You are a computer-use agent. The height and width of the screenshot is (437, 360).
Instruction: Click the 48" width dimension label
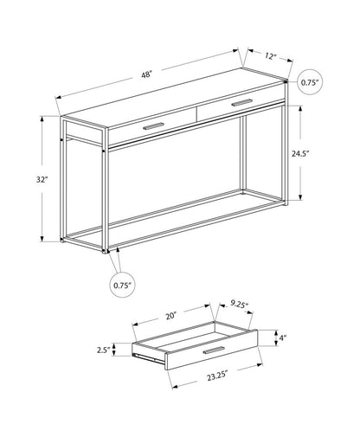[x=147, y=74]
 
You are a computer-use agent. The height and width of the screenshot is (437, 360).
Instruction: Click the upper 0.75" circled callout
[x=310, y=82]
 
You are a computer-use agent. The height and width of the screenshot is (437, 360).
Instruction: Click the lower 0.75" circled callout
[x=121, y=282]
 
